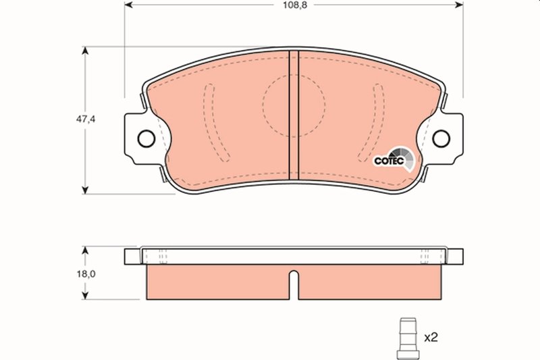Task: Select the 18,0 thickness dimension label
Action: pyautogui.click(x=86, y=274)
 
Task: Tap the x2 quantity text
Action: pyautogui.click(x=431, y=336)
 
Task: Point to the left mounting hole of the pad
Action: pyautogui.click(x=145, y=138)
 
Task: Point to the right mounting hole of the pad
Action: pyautogui.click(x=441, y=138)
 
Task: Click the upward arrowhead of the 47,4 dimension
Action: pyautogui.click(x=85, y=51)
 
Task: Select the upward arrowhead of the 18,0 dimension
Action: pyautogui.click(x=85, y=249)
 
